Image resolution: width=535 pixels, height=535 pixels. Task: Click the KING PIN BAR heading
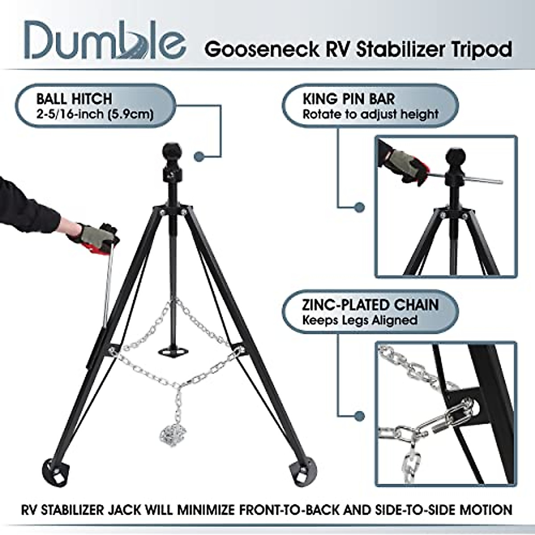click(x=349, y=99)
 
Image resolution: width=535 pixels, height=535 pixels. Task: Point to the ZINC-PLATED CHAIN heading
click(x=370, y=305)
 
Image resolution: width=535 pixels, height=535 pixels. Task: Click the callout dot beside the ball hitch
click(x=199, y=156)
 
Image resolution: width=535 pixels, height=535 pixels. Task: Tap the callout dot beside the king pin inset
click(x=360, y=207)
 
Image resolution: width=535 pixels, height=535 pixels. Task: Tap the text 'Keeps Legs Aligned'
click(x=360, y=320)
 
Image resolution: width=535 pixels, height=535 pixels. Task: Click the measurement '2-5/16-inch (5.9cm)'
click(x=95, y=114)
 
